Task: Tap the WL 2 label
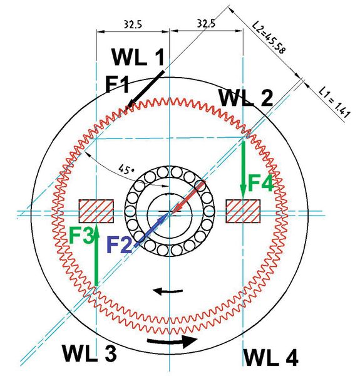coord(245,98)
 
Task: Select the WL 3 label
coord(89,353)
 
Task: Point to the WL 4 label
coord(270,357)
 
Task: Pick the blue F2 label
coord(120,243)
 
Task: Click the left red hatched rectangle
coord(95,211)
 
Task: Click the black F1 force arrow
coord(145,90)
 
